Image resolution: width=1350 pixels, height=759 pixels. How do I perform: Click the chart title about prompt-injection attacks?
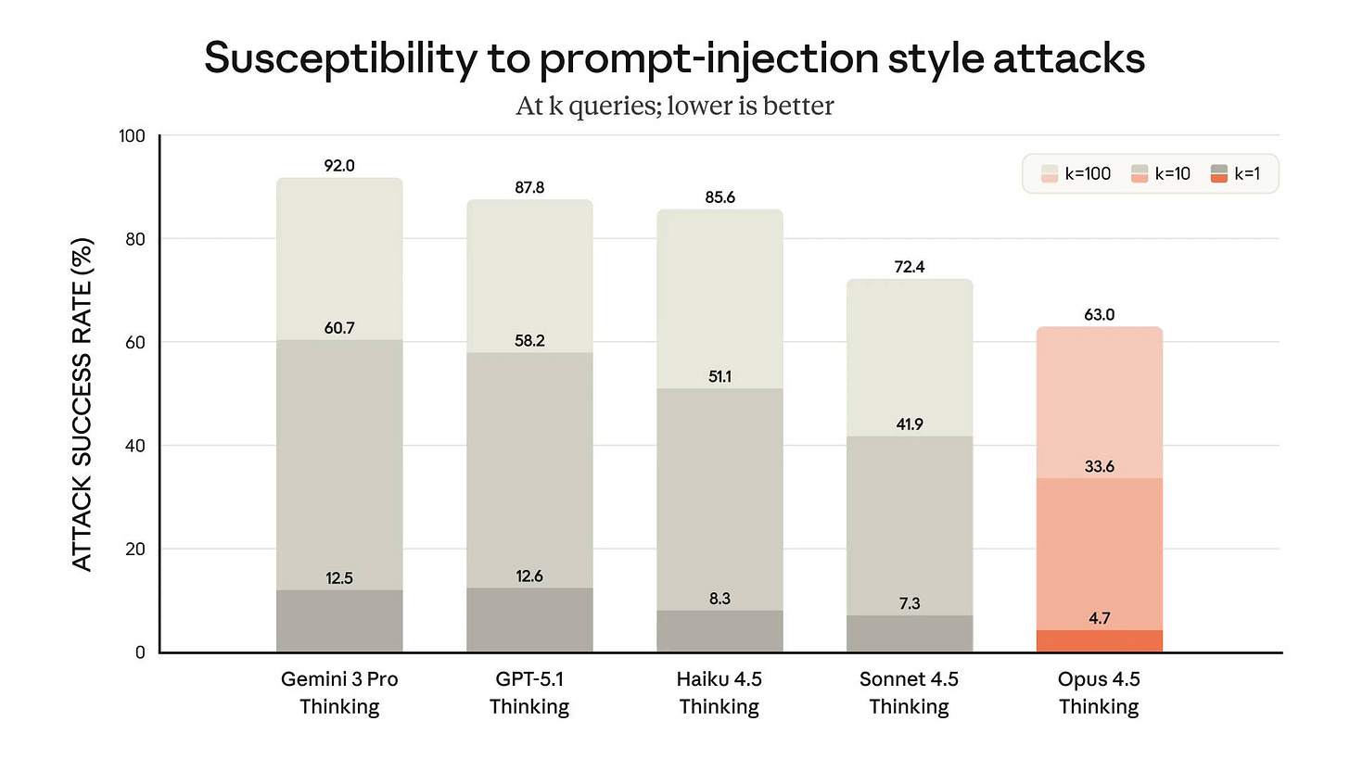[x=674, y=58]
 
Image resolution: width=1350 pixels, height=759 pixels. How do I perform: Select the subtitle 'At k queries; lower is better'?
[x=674, y=106]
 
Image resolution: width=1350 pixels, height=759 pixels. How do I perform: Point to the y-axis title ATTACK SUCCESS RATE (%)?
[x=83, y=395]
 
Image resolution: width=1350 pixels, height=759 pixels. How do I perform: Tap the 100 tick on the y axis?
[x=133, y=136]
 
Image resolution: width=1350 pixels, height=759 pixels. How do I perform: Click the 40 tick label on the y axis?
[x=135, y=446]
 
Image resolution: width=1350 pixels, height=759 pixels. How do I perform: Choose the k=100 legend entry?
[x=1076, y=173]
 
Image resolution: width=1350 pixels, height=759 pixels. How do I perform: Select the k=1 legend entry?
[x=1234, y=173]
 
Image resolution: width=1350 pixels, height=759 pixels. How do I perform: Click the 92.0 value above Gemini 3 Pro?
[x=339, y=166]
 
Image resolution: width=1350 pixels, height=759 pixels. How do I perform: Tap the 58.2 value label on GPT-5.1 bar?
[x=529, y=341]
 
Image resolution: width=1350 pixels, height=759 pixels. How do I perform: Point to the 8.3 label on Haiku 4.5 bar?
[x=720, y=599]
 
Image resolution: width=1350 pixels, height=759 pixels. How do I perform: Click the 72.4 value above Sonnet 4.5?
[x=909, y=267]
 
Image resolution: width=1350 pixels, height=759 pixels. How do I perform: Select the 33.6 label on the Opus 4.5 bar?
[x=1099, y=466]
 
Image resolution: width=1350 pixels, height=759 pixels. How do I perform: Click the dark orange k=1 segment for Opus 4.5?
[x=1099, y=641]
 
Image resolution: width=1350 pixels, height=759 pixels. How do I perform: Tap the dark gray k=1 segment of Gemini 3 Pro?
[x=339, y=622]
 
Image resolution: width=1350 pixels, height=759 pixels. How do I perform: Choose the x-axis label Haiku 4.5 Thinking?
[x=720, y=693]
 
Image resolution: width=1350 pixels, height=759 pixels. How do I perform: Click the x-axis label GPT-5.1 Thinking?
[x=529, y=693]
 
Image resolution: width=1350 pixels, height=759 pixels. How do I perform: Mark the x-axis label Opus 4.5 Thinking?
[x=1099, y=693]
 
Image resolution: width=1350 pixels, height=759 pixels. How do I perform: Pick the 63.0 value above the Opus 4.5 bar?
[x=1099, y=315]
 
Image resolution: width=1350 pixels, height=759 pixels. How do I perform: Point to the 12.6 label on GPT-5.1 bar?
[x=529, y=576]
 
